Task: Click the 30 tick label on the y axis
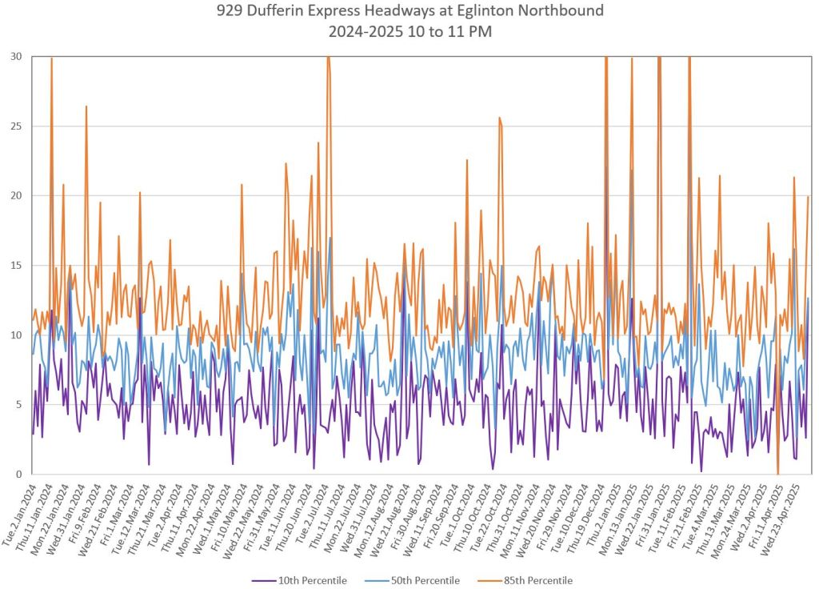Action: [16, 57]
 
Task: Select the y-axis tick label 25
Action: [16, 126]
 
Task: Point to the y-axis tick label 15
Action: [16, 266]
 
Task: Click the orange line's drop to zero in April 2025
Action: [777, 473]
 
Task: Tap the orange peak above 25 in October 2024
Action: [499, 118]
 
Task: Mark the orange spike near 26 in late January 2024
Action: [86, 106]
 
